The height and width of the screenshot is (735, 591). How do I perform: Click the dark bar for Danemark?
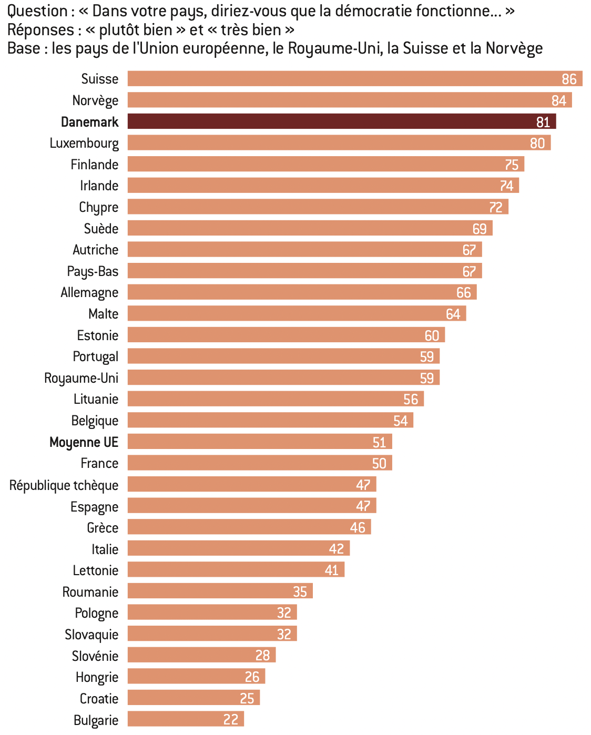[x=342, y=121]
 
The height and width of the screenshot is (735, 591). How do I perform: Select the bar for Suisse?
[x=355, y=79]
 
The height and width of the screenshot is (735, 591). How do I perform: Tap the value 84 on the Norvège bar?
[x=558, y=100]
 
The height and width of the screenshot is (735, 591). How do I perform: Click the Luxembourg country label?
[x=84, y=143]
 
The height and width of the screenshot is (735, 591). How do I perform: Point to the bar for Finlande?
[x=326, y=164]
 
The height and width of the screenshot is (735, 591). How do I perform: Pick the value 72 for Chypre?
[x=495, y=207]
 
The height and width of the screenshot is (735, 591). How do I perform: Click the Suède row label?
[x=101, y=229]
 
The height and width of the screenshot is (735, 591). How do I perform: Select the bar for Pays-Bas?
[x=305, y=271]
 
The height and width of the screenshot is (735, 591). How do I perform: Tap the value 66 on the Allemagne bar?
[x=463, y=292]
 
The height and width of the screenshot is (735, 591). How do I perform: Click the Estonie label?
[x=97, y=335]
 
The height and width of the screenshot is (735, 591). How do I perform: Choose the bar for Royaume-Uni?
[x=284, y=377]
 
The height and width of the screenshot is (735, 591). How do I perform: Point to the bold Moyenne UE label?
[x=84, y=442]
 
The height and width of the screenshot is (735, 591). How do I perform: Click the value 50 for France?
[x=379, y=463]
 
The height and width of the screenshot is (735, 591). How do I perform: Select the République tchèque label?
[x=64, y=485]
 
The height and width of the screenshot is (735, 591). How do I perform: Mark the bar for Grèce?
[x=249, y=527]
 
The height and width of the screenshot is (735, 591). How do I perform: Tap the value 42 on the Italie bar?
[x=336, y=549]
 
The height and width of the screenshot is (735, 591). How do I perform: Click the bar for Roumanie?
[x=220, y=591]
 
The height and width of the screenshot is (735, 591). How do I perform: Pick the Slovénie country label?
[x=95, y=656]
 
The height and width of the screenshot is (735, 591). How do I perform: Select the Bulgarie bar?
[x=186, y=719]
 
